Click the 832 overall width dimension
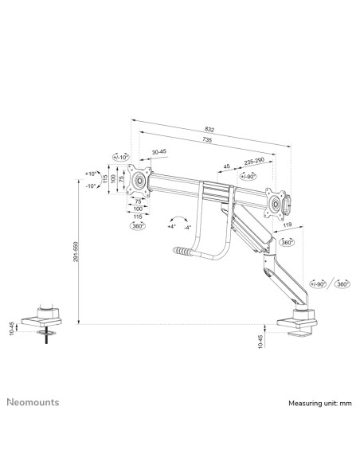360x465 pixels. pyautogui.click(x=209, y=129)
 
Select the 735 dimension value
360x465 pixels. pyautogui.click(x=207, y=139)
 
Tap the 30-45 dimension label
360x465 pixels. pyautogui.click(x=159, y=152)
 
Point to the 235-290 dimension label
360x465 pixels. pyautogui.click(x=254, y=162)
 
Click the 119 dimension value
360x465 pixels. pyautogui.click(x=288, y=225)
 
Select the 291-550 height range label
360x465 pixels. pyautogui.click(x=76, y=252)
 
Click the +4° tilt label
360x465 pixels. pyautogui.click(x=172, y=227)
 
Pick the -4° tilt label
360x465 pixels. pyautogui.click(x=187, y=228)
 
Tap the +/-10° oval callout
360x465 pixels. pyautogui.click(x=121, y=157)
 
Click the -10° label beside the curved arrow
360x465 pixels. pyautogui.click(x=91, y=186)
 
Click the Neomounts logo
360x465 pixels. pyautogui.click(x=33, y=402)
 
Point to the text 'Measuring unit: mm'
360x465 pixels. pyautogui.click(x=320, y=404)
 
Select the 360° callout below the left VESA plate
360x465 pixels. pyautogui.click(x=138, y=225)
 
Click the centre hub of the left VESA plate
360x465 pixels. pyautogui.click(x=139, y=180)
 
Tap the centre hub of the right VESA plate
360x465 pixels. pyautogui.click(x=276, y=204)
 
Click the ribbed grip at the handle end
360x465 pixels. pyautogui.click(x=182, y=252)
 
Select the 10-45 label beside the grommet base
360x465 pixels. pyautogui.click(x=12, y=328)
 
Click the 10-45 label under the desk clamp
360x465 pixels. pyautogui.click(x=260, y=342)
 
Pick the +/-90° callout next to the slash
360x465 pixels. pyautogui.click(x=318, y=283)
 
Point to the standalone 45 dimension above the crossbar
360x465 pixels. pyautogui.click(x=226, y=166)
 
